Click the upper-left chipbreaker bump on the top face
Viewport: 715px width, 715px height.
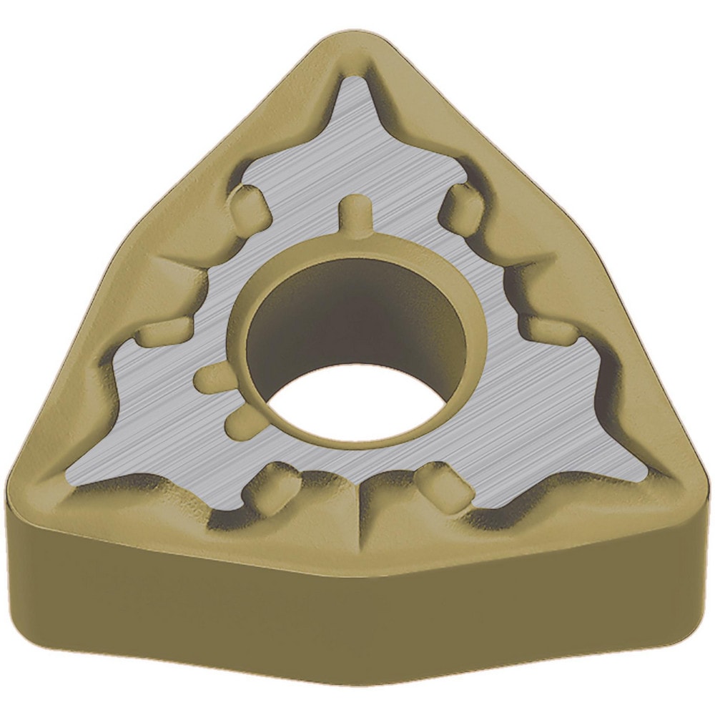pos(247,204)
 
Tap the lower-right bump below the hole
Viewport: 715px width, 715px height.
pos(443,483)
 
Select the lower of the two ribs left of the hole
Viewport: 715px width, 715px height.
pos(240,423)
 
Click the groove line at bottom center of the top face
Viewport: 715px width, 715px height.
pos(357,515)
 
